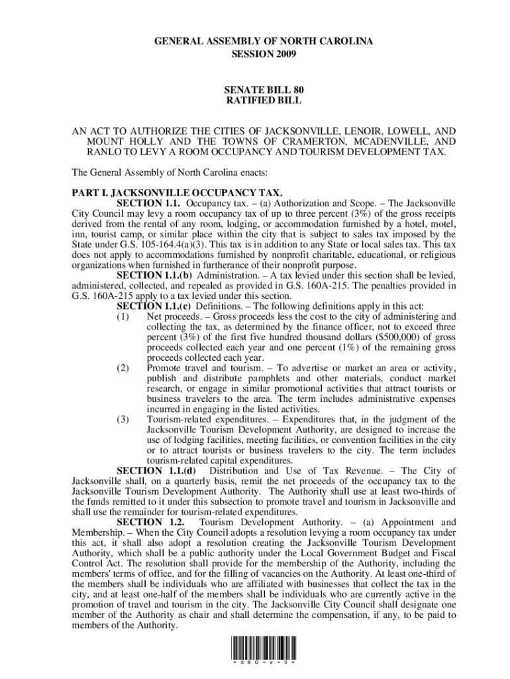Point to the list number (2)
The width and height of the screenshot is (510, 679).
[123, 368]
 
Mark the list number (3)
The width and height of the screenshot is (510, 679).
[123, 419]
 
